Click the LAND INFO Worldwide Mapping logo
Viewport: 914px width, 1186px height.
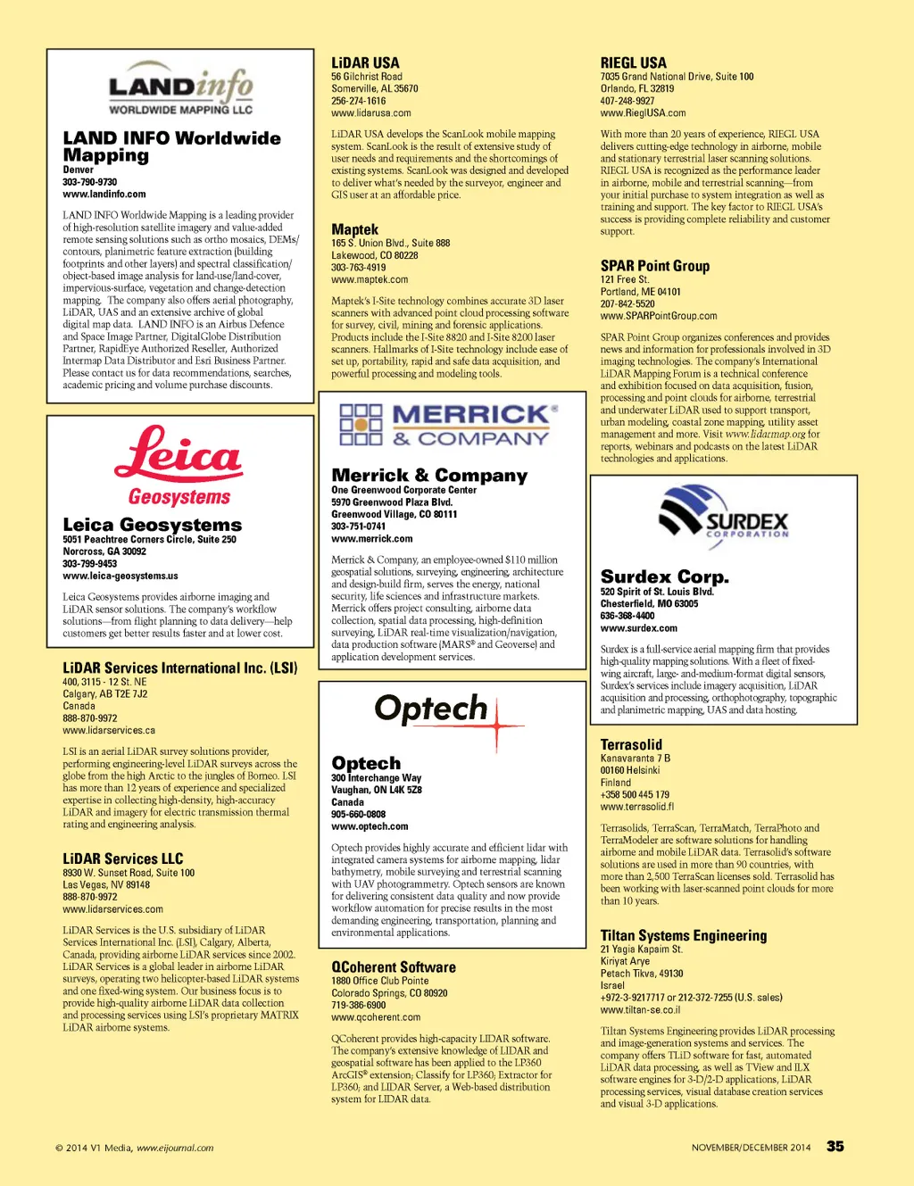180,89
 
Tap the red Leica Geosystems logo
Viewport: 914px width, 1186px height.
179,465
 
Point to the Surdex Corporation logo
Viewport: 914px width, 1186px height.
723,512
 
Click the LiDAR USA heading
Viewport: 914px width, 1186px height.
365,62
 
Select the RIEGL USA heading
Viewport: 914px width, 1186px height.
633,62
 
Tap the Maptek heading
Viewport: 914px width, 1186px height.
354,229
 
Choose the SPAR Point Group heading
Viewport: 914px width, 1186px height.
654,266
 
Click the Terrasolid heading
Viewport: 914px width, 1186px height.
631,744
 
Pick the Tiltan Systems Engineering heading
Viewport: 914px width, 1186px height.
683,935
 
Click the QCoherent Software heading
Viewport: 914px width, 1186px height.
393,966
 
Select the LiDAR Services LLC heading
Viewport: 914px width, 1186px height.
122,858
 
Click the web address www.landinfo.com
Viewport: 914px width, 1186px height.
104,194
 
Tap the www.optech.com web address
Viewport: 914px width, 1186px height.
370,826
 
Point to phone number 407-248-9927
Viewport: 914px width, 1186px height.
627,101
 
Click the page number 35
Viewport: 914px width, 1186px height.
835,1146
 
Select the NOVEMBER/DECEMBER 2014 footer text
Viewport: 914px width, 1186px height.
751,1148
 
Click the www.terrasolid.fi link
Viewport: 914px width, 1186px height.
636,807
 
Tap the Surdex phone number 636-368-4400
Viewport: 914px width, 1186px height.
627,616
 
